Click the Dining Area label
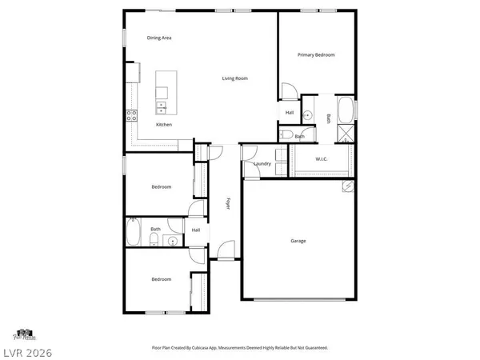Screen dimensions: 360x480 pyautogui.click(x=159, y=38)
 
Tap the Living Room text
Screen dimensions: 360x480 pyautogui.click(x=234, y=78)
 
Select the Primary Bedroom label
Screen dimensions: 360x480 pyautogui.click(x=316, y=54)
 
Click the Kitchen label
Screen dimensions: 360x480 pyautogui.click(x=163, y=125)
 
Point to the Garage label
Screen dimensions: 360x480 pyautogui.click(x=298, y=241)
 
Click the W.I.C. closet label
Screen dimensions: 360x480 pyautogui.click(x=322, y=159)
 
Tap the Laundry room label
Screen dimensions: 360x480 pyautogui.click(x=262, y=165)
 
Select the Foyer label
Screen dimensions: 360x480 pyautogui.click(x=228, y=203)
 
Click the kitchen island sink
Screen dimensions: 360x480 pyautogui.click(x=161, y=105)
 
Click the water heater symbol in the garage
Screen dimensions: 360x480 pyautogui.click(x=348, y=187)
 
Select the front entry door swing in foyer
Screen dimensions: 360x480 pyautogui.click(x=227, y=252)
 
